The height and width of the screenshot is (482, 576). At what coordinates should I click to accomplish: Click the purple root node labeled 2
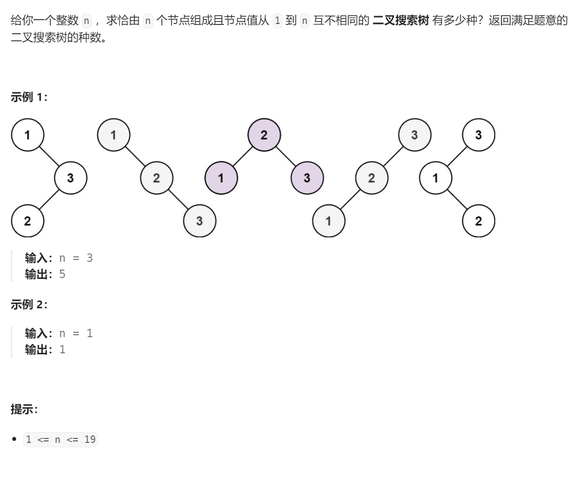[x=264, y=135]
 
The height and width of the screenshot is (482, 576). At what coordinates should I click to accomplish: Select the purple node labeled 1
[x=221, y=178]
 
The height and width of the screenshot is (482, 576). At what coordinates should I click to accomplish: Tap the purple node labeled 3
[x=307, y=178]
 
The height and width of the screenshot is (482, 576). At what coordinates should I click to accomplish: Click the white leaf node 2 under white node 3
[x=27, y=221]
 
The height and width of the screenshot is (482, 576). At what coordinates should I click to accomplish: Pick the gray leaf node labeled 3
[x=199, y=221]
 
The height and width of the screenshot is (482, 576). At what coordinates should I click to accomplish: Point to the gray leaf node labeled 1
[x=328, y=221]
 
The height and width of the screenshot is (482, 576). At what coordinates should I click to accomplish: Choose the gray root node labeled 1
[x=114, y=135]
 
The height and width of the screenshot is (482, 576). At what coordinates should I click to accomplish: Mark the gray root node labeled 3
[x=415, y=135]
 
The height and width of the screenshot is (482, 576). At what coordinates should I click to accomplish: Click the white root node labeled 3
[x=479, y=135]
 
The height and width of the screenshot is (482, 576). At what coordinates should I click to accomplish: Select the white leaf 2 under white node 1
[x=479, y=221]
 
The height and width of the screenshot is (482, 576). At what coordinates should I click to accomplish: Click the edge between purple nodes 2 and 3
[x=286, y=157]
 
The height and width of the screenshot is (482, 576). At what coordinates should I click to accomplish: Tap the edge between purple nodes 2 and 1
[x=243, y=157]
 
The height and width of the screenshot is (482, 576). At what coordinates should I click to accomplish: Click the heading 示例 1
[x=29, y=97]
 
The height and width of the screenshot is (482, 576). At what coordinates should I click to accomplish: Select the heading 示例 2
[x=29, y=304]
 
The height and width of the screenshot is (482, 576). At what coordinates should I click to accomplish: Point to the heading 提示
[x=24, y=410]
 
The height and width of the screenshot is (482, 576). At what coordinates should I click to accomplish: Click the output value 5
[x=62, y=274]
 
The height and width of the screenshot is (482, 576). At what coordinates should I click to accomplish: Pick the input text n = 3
[x=76, y=258]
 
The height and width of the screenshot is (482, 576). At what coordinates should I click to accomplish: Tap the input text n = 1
[x=76, y=333]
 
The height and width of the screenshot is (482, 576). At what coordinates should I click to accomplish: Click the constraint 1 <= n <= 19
[x=61, y=439]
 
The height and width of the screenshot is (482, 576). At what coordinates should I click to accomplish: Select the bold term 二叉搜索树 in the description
[x=400, y=21]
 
